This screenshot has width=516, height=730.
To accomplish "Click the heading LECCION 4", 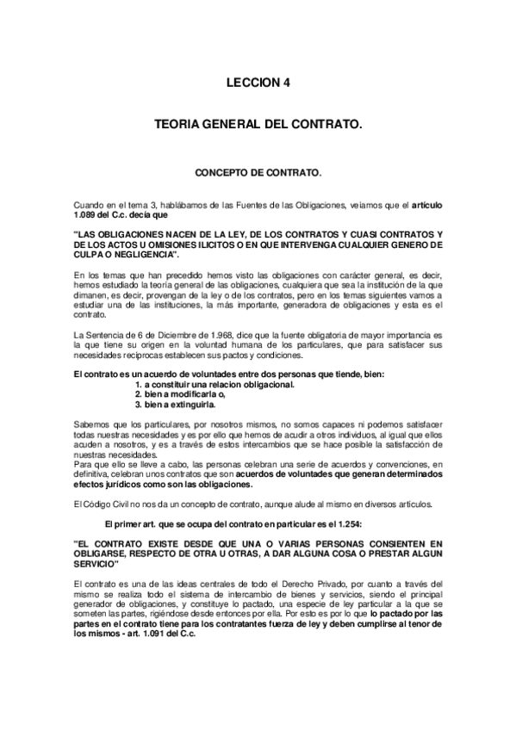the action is point(258,84).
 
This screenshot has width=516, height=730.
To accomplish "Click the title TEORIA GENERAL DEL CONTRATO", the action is point(258,126).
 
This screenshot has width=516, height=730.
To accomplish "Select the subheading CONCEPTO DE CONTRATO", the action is point(258,172).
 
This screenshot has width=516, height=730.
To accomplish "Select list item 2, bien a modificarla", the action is point(185,393).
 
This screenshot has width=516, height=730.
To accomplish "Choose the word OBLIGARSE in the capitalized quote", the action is point(103,554).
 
